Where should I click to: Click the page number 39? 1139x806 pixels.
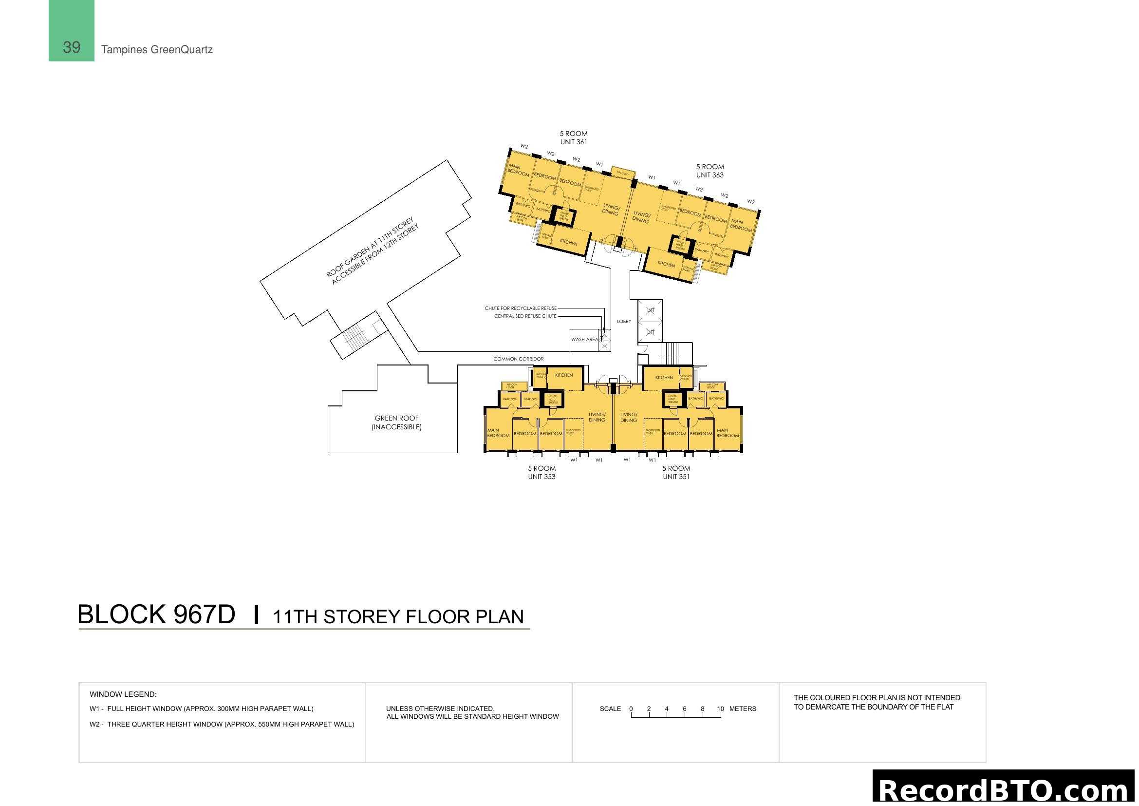[72, 47]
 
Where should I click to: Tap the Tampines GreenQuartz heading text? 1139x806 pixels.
[157, 50]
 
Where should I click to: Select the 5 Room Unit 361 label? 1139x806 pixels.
[574, 137]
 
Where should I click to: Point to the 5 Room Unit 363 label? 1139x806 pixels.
[710, 171]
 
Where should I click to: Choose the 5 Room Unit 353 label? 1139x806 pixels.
[541, 472]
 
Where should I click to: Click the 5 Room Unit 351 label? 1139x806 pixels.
[676, 472]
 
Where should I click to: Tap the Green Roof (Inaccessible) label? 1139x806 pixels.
[396, 422]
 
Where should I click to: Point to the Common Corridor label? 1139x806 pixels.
[519, 359]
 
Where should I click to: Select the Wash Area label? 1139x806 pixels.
[584, 340]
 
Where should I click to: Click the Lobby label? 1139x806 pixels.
[624, 321]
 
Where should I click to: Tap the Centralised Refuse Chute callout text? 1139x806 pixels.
[525, 316]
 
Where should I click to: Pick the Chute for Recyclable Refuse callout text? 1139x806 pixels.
[521, 308]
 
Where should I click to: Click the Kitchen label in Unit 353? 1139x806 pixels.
[564, 375]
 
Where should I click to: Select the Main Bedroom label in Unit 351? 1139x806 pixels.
[727, 433]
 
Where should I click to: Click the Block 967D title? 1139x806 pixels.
[156, 614]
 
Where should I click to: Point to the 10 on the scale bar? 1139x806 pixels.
[720, 709]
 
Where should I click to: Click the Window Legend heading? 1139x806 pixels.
[123, 694]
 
